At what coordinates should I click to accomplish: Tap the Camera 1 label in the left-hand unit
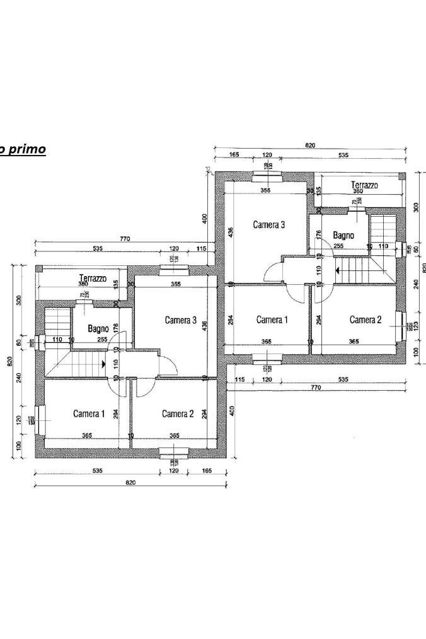[x=89, y=414]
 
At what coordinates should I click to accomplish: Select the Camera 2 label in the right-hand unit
[x=366, y=320]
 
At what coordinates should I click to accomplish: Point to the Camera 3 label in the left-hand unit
[x=181, y=320]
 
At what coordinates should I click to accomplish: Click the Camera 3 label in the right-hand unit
[x=270, y=224]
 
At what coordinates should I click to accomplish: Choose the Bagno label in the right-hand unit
[x=343, y=235]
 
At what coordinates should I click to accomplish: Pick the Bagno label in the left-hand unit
[x=98, y=328]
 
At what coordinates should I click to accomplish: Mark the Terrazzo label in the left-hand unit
[x=93, y=278]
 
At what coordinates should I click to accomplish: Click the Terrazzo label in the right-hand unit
[x=365, y=185]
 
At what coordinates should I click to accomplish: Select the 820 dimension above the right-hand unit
[x=310, y=146]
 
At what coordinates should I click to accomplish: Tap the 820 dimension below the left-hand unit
[x=130, y=483]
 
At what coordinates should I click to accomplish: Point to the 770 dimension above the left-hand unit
[x=125, y=239]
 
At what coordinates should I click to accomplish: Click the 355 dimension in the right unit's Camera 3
[x=265, y=190]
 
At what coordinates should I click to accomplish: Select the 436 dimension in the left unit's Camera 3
[x=204, y=325]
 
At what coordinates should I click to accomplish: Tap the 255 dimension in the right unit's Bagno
[x=338, y=246]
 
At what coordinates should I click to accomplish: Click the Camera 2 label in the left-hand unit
[x=178, y=414]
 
